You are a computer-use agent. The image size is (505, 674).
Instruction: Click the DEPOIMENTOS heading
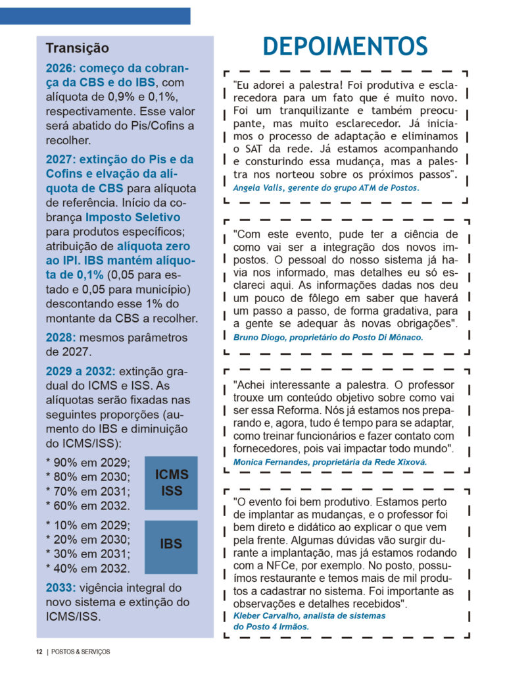pyautogui.click(x=345, y=46)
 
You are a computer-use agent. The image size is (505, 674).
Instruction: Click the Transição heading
pyautogui.click(x=77, y=49)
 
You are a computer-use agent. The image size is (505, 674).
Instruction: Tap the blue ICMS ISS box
pyautogui.click(x=171, y=482)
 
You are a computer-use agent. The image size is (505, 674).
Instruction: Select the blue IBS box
pyautogui.click(x=171, y=545)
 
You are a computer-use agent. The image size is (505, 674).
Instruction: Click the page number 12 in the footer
pyautogui.click(x=39, y=652)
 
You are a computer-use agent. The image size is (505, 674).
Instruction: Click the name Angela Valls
pyautogui.click(x=254, y=188)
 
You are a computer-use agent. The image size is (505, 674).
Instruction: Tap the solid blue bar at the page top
pyautogui.click(x=95, y=16)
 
